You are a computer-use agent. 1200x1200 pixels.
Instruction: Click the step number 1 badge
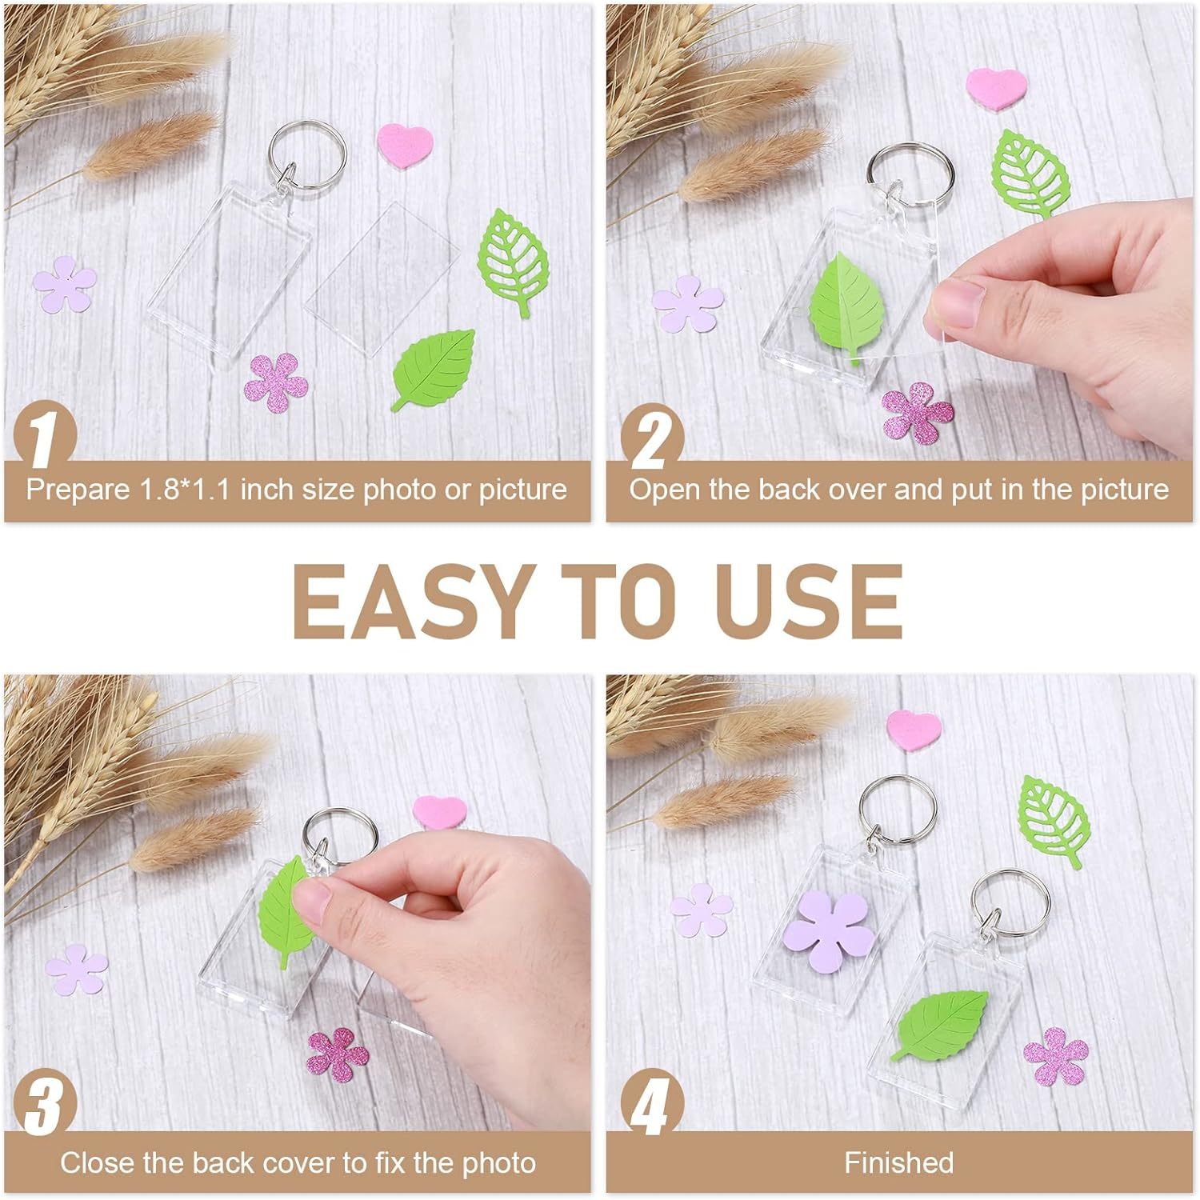point(44,436)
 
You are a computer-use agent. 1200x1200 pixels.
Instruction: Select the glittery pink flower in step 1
point(276,383)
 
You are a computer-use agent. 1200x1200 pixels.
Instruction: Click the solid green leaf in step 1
point(434,369)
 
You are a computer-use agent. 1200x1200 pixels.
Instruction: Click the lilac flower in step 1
point(65,284)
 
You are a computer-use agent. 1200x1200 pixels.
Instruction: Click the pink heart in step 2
point(996,88)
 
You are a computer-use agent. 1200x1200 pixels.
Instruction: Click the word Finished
point(898,1162)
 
